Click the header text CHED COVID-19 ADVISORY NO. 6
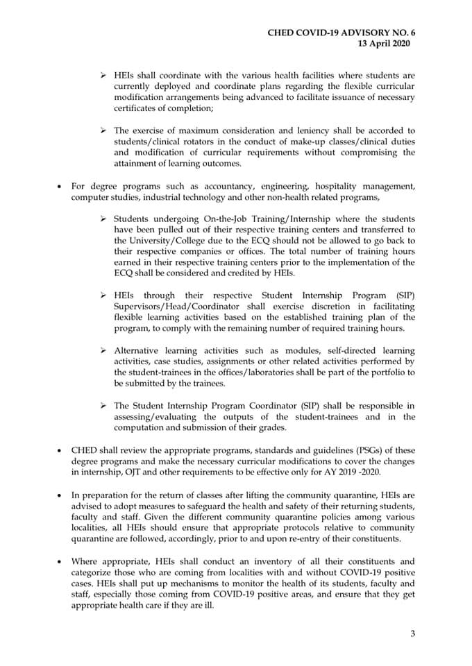(345, 32)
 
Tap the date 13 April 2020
(383, 43)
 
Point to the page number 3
(412, 633)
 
